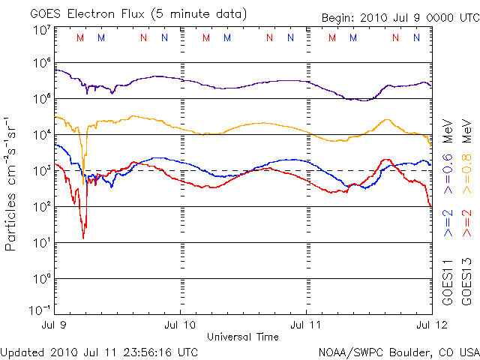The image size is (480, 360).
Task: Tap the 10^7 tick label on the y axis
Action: point(40,30)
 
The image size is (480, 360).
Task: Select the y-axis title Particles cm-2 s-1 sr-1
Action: point(12,183)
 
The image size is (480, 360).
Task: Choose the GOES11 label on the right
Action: point(448,282)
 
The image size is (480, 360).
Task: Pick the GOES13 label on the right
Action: point(465,282)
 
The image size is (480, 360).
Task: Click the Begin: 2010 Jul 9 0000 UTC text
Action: point(398,17)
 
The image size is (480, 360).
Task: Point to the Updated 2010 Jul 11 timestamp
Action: point(99,351)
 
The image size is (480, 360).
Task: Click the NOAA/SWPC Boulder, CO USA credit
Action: point(397,351)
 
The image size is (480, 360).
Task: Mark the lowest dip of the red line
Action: point(83,238)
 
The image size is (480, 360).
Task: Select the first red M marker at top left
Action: point(81,37)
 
